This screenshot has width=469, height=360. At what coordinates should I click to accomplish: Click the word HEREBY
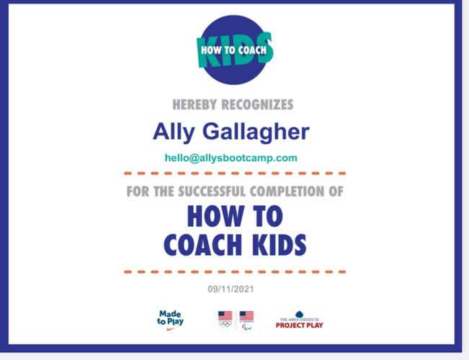coord(195,104)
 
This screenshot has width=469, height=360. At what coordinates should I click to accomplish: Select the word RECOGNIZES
coord(257,104)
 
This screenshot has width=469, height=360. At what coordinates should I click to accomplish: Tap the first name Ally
coord(174,132)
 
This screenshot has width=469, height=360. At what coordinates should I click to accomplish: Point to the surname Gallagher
coord(256,132)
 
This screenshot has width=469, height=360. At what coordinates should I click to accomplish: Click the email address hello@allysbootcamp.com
coord(231,158)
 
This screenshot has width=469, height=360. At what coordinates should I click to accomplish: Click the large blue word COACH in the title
coord(202,245)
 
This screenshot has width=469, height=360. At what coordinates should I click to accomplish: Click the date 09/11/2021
coord(231,289)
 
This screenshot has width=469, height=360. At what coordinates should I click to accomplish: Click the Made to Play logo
coord(170,320)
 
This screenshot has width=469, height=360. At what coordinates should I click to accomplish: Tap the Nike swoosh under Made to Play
coord(171,329)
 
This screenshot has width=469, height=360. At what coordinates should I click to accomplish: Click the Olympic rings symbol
coord(225,324)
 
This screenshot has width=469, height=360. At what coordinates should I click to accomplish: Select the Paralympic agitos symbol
coord(247,326)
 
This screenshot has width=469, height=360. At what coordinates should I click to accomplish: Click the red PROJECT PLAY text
coord(300,325)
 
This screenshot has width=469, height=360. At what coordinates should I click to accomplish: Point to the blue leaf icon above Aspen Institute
coord(300,314)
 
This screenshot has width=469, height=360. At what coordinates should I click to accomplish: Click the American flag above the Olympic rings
coord(225,316)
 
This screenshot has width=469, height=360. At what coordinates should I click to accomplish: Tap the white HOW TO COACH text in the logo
coord(233,50)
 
